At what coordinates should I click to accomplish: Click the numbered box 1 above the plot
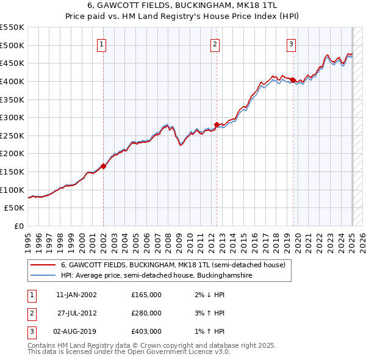click(101, 44)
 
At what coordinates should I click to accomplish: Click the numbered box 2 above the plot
click(215, 44)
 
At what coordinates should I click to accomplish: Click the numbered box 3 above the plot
click(292, 44)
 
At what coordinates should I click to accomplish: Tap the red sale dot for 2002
click(104, 165)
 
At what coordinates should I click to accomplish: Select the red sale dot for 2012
click(217, 124)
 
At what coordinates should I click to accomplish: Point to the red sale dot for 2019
click(293, 80)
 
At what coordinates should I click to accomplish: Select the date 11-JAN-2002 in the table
click(76, 295)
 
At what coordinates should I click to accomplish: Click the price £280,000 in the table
click(146, 313)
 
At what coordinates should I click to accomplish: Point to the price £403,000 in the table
click(146, 331)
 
